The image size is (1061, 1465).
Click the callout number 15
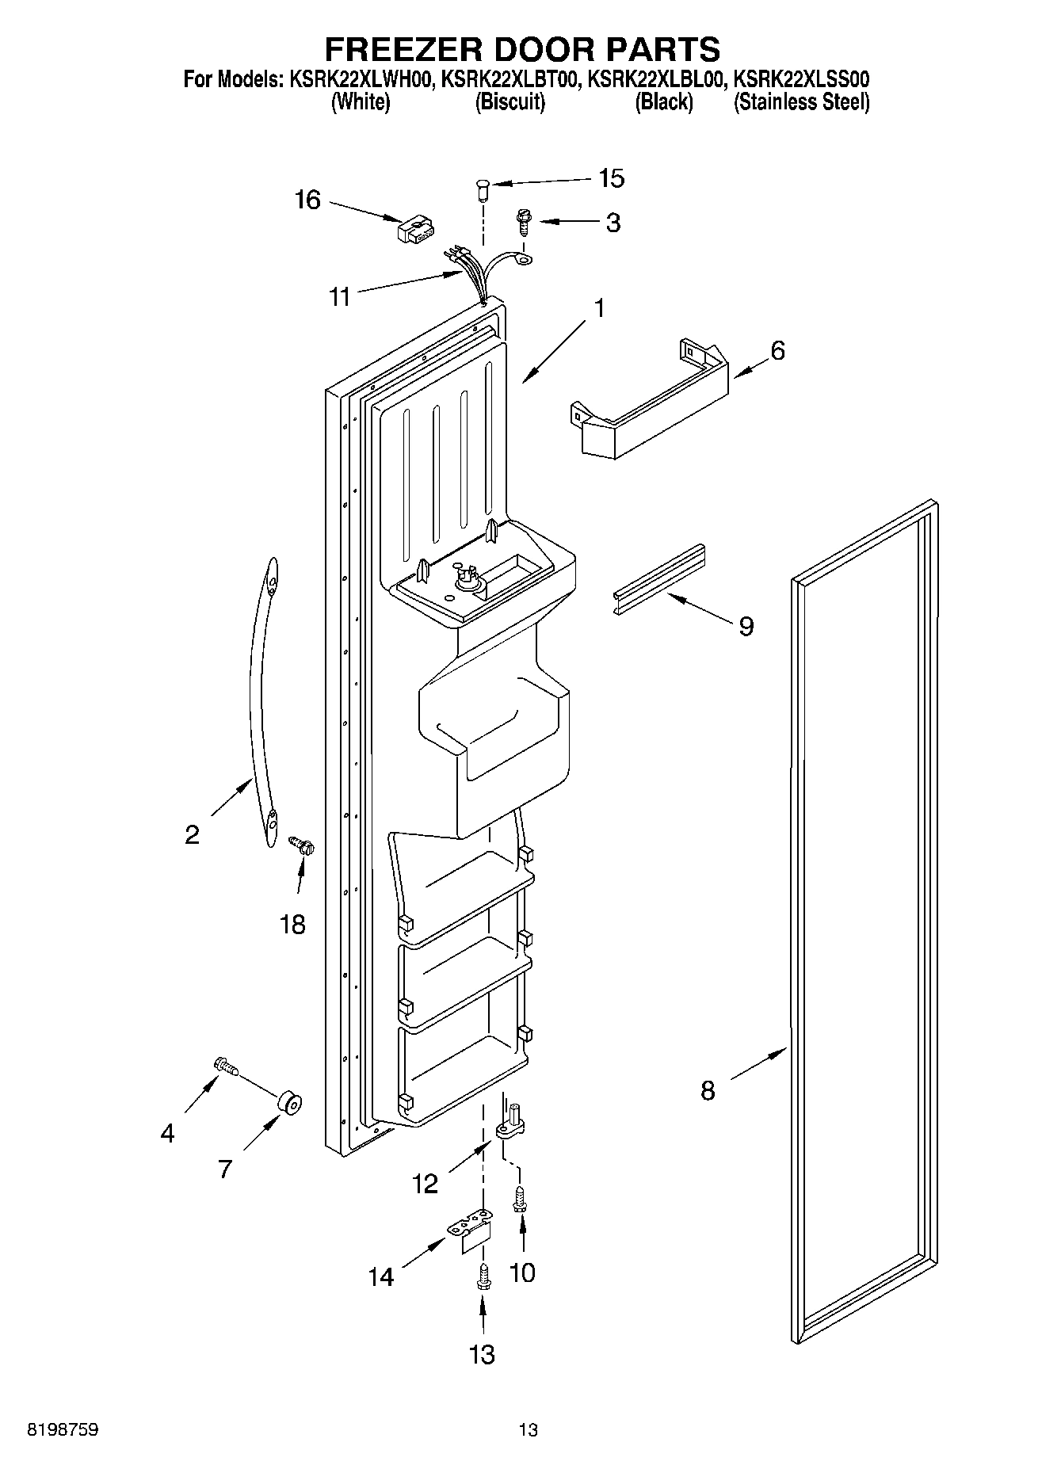[611, 179]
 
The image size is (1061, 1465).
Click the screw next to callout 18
[301, 845]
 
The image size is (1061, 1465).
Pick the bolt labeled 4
[225, 1068]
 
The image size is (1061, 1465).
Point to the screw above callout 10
[521, 1196]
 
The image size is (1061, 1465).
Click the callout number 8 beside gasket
[708, 1090]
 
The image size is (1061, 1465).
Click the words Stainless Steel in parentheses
[802, 102]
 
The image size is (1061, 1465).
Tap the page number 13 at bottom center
[529, 1430]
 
